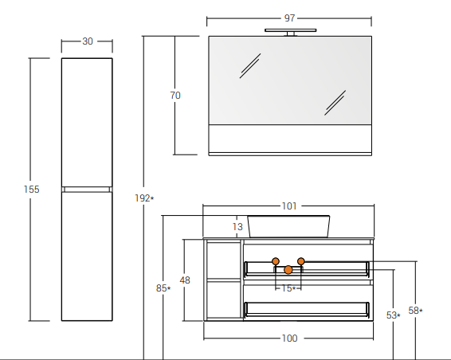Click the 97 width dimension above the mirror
tap(289, 18)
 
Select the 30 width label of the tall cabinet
tap(88, 41)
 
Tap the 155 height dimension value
tap(31, 190)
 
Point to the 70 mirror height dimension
tap(175, 95)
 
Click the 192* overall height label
tap(144, 198)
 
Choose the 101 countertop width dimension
tap(288, 205)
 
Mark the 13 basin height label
tap(237, 227)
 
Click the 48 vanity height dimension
tap(185, 280)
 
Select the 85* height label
tap(163, 288)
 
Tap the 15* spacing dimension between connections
tap(288, 288)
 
